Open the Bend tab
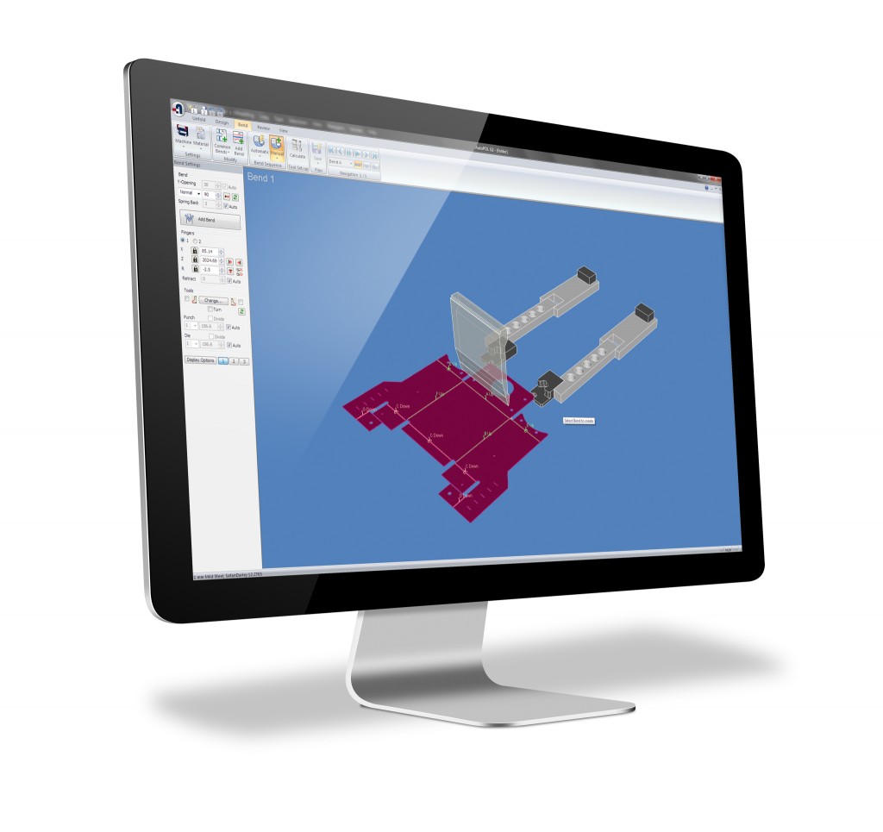pyautogui.click(x=243, y=125)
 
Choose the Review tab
pyautogui.click(x=263, y=127)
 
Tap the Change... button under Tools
pyautogui.click(x=212, y=300)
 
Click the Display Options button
pyautogui.click(x=200, y=360)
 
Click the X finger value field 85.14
pyautogui.click(x=208, y=250)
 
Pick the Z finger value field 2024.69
pyautogui.click(x=210, y=260)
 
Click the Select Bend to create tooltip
pyautogui.click(x=579, y=421)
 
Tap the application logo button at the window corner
pyautogui.click(x=178, y=109)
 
